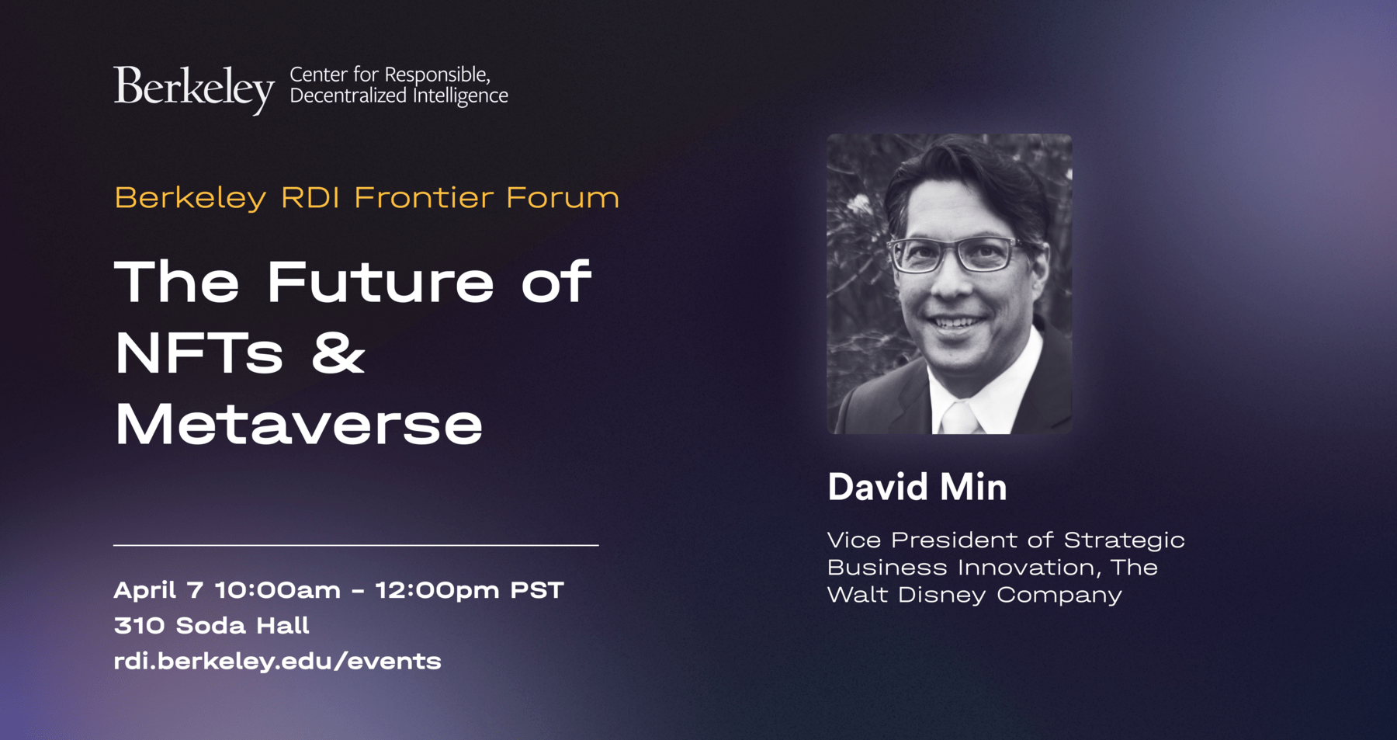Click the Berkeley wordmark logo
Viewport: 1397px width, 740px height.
[194, 89]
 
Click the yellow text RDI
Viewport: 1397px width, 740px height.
[310, 197]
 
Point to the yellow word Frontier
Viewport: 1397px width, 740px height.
[424, 197]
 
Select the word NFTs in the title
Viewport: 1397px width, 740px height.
[199, 353]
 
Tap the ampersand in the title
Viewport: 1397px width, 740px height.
[338, 353]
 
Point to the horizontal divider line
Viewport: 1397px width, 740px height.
[356, 545]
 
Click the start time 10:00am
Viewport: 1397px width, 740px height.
[278, 590]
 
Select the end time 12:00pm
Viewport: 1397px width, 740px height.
[438, 591]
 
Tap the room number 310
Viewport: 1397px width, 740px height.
[139, 625]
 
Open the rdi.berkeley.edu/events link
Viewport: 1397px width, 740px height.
[277, 661]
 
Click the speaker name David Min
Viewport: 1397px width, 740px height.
[917, 487]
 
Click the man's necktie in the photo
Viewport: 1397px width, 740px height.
[961, 419]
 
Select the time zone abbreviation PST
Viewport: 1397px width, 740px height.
[536, 590]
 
